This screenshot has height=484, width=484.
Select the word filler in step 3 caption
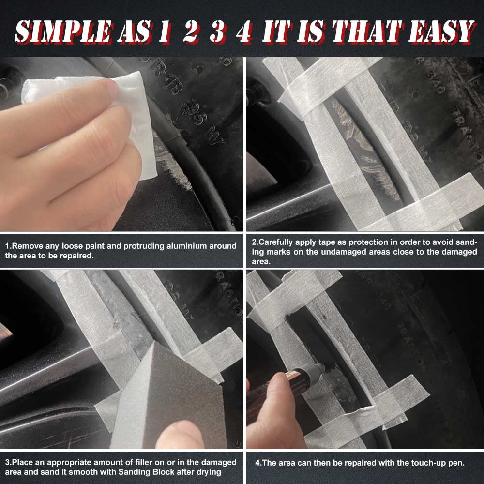click(x=151, y=462)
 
